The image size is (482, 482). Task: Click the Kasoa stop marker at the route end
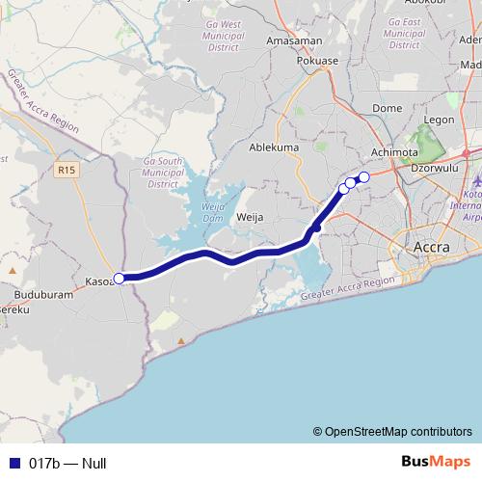point(120,279)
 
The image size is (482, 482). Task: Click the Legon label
point(439,120)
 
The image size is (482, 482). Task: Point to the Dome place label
point(387,109)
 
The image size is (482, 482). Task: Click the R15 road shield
point(65,170)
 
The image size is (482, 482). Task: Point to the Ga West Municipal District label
point(218,35)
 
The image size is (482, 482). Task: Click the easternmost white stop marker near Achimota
point(363,176)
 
